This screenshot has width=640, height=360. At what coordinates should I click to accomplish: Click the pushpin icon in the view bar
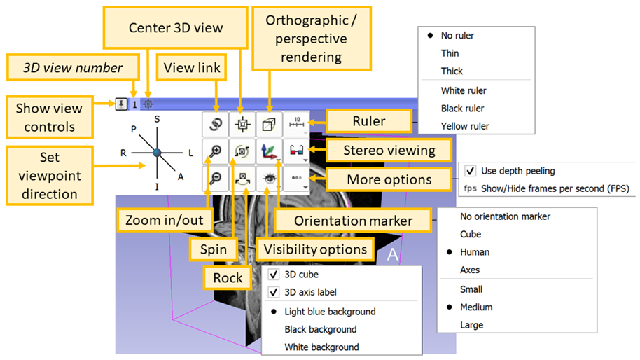pos(121,104)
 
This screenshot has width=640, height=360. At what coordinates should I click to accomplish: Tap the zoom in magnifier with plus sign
pos(214,151)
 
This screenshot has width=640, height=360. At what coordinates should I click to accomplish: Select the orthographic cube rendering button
pos(269,124)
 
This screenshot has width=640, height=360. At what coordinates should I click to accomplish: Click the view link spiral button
pos(214,124)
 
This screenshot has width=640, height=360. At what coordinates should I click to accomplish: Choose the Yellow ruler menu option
pos(465,126)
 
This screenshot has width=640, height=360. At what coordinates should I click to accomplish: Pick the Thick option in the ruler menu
pos(452,71)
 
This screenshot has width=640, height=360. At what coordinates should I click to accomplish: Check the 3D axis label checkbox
pos(274,292)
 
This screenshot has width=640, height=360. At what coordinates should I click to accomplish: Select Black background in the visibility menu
pos(320,329)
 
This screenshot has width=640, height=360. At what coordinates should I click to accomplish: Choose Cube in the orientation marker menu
pos(470,235)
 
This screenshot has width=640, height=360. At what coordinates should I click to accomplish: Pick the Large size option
pos(471,325)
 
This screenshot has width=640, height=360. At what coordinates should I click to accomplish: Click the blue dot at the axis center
pos(157,151)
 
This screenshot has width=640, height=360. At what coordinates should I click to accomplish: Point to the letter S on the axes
pos(157,120)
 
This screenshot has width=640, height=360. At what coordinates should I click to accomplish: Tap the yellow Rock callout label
pos(228,278)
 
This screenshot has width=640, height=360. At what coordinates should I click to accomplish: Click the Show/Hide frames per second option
pos(555,188)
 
